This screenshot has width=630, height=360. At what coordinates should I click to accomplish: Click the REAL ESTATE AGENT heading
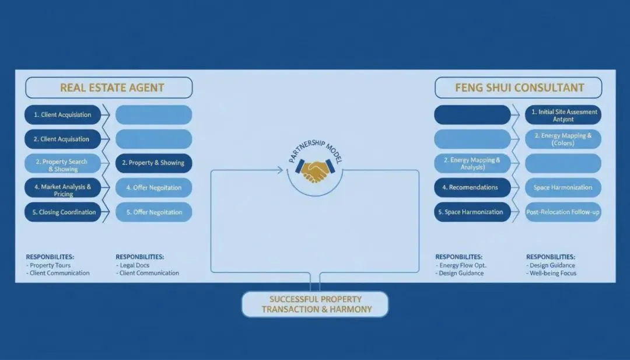pyautogui.click(x=109, y=88)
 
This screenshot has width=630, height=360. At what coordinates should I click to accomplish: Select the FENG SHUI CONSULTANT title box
pyautogui.click(x=519, y=88)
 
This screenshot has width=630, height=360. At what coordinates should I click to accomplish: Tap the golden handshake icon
pyautogui.click(x=314, y=171)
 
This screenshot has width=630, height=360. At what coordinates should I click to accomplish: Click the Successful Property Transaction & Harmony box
pyautogui.click(x=316, y=304)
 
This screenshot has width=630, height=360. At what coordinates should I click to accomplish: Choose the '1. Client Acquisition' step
pyautogui.click(x=63, y=115)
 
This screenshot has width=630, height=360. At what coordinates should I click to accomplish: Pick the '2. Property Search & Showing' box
pyautogui.click(x=63, y=165)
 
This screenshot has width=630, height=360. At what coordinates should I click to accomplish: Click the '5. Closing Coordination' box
pyautogui.click(x=63, y=212)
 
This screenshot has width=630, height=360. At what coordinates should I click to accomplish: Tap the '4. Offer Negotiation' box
pyautogui.click(x=153, y=188)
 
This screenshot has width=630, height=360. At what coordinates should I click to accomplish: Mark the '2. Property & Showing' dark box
pyautogui.click(x=153, y=163)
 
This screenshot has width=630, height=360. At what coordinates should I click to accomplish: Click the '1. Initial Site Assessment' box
pyautogui.click(x=563, y=115)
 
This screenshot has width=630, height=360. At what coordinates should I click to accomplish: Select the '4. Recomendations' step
pyautogui.click(x=473, y=188)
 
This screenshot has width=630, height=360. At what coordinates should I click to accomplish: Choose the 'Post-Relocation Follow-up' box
pyautogui.click(x=563, y=212)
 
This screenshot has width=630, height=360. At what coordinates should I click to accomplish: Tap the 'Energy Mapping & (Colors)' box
pyautogui.click(x=563, y=139)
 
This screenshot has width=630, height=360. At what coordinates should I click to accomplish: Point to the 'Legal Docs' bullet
pyautogui.click(x=135, y=265)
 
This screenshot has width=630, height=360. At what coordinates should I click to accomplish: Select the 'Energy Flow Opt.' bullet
pyautogui.click(x=463, y=265)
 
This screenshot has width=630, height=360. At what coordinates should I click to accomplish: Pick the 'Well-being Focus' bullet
pyautogui.click(x=553, y=273)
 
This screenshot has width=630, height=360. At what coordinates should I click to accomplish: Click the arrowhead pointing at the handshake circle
pyautogui.click(x=281, y=170)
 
